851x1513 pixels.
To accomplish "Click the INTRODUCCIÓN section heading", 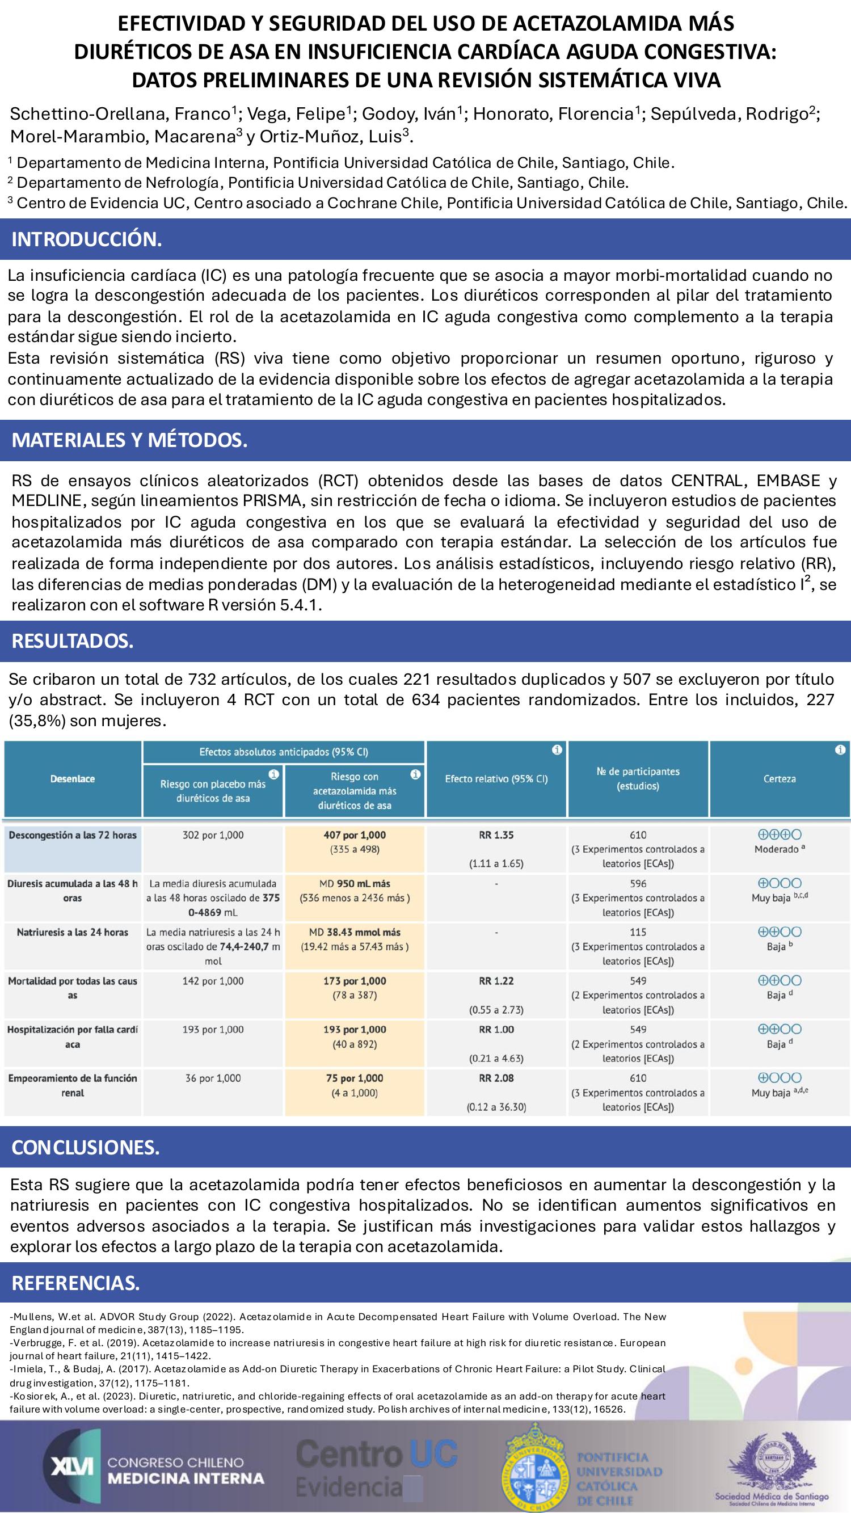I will [x=86, y=239].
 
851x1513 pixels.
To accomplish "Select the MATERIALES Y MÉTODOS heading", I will [x=129, y=440].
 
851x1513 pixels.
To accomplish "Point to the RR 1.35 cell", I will [x=496, y=835].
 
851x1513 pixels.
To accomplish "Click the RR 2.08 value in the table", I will [x=496, y=1078].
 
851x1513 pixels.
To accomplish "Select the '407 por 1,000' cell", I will [x=355, y=835].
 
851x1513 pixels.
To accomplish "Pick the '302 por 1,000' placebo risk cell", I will [x=213, y=835].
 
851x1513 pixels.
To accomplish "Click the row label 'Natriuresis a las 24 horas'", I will [x=72, y=932].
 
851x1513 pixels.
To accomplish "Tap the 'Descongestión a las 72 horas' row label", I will [x=72, y=835].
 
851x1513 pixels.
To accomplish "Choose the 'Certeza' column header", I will [x=780, y=779].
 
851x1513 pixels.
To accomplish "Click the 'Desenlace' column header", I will [x=72, y=779].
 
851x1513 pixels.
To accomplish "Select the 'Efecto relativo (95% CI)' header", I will [x=496, y=779].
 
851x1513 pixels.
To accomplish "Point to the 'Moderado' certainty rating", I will [x=776, y=849].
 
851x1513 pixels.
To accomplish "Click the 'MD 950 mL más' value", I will [x=355, y=883].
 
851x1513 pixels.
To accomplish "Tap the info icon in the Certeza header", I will [x=841, y=750].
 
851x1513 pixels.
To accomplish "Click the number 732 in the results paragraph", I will [x=201, y=680].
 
